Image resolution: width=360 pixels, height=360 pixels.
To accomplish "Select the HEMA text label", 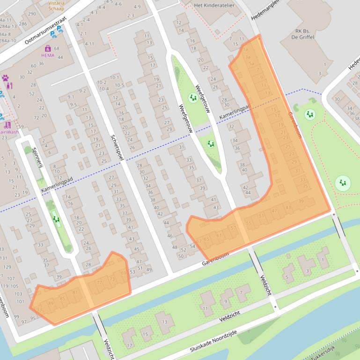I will (x=47, y=55).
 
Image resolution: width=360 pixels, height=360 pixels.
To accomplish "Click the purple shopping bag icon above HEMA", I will (x=48, y=48).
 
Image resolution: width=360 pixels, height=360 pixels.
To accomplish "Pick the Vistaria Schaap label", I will (x=57, y=5).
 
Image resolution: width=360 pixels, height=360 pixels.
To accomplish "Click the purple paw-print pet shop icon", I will (x=6, y=78).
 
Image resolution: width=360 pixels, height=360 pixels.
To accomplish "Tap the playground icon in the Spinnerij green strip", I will (x=56, y=219).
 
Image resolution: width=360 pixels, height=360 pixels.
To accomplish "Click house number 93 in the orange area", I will (x=39, y=310).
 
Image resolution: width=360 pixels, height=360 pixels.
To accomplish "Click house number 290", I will (x=32, y=14).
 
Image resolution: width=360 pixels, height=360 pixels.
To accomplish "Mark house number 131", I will (x=4, y=258).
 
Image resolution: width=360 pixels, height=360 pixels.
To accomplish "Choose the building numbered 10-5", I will (x=119, y=85).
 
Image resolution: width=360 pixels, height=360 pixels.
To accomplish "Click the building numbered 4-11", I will (x=88, y=44).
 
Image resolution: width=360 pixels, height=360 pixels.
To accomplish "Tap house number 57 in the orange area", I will (x=233, y=228).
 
